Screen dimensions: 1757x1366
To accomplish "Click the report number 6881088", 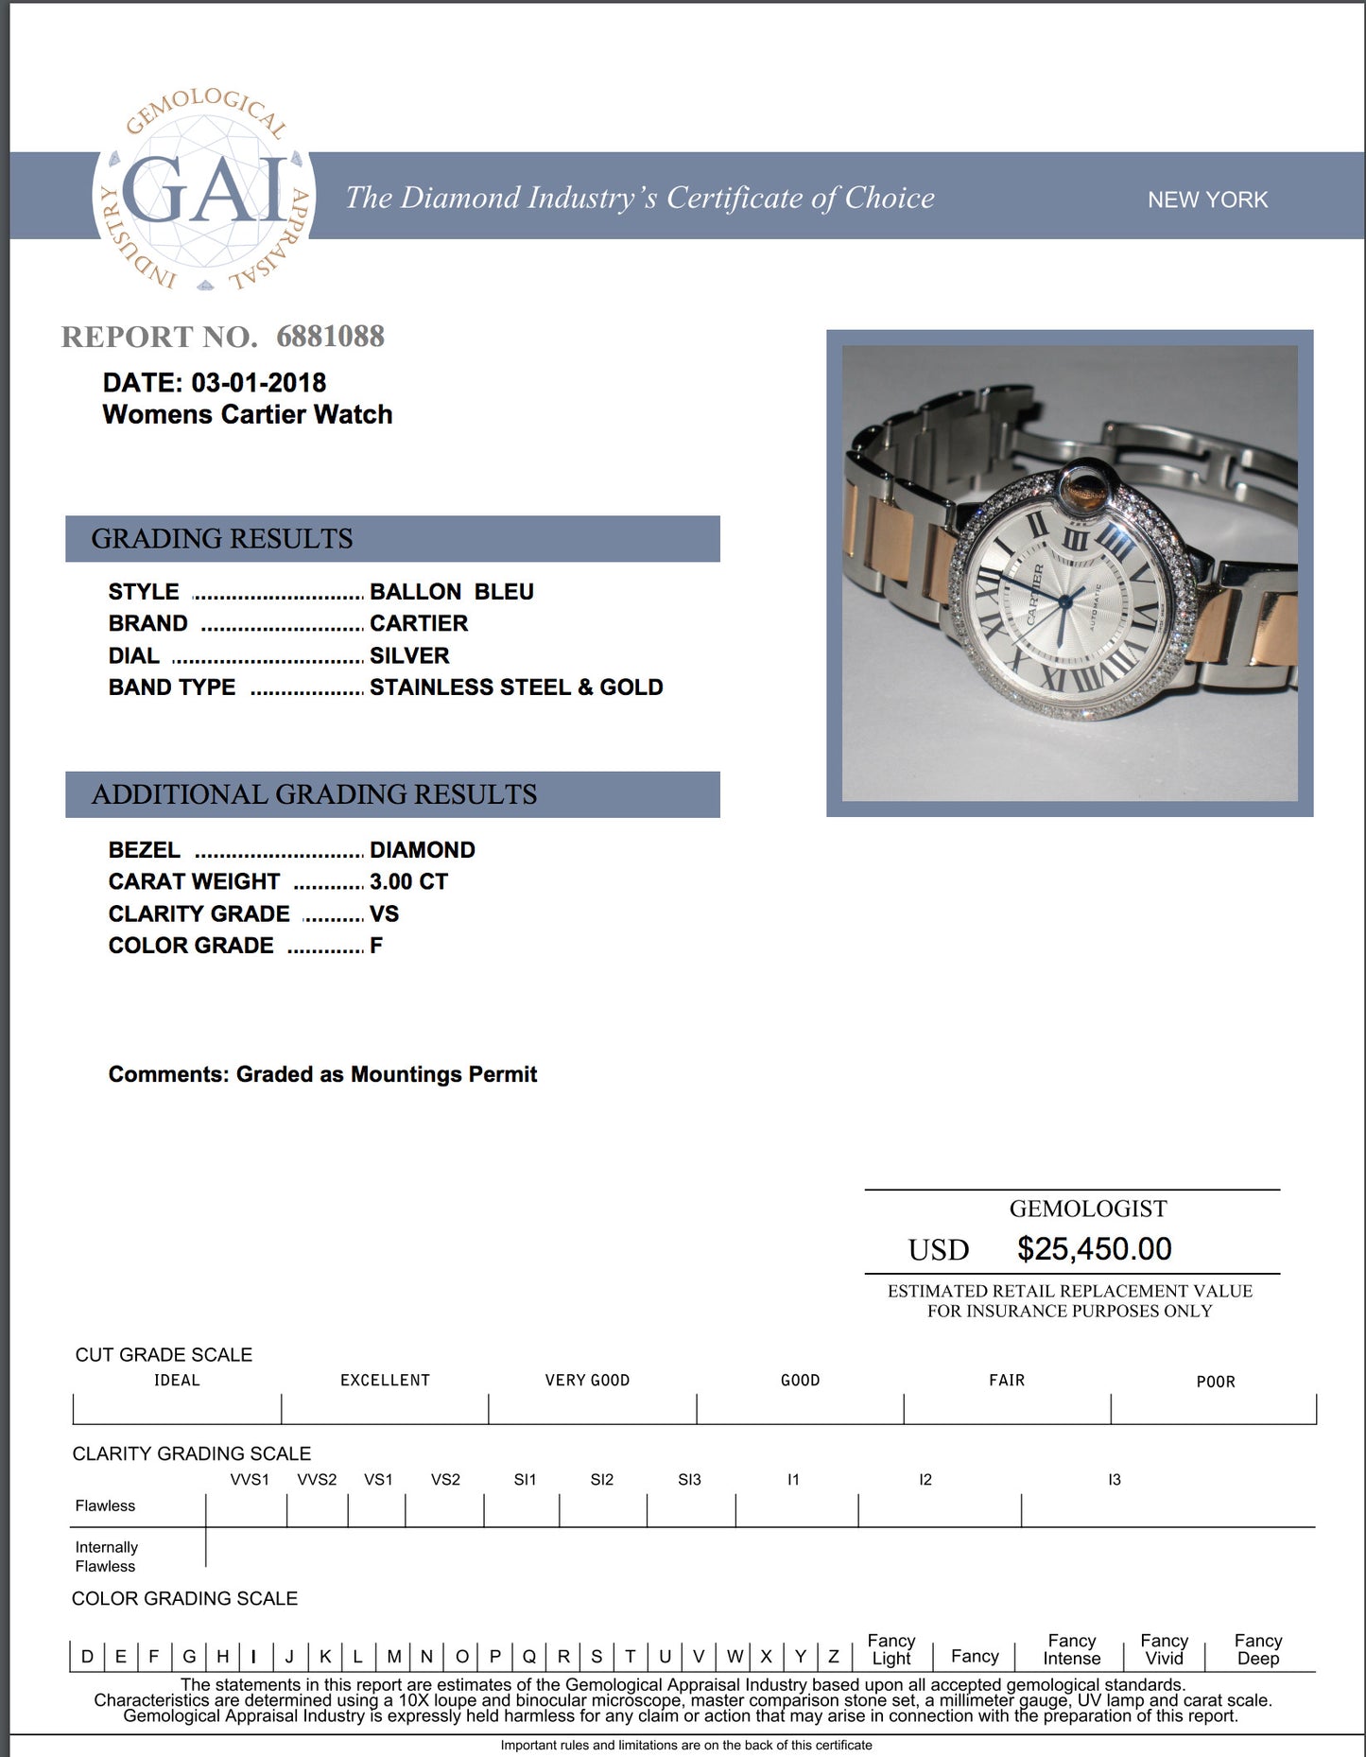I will [330, 337].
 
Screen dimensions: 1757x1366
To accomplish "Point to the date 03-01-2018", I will [258, 383].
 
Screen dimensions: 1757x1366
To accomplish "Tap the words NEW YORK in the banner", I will [1207, 200].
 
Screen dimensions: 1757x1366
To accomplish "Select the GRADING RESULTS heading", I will [222, 539].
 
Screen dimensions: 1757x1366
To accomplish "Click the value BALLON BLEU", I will [451, 592].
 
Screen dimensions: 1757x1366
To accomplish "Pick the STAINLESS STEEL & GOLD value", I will [516, 687].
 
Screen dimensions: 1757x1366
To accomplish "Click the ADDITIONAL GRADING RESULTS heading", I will [314, 794].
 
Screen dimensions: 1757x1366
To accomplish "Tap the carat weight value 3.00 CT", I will [408, 882].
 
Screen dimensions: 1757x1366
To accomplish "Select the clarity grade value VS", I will [384, 914].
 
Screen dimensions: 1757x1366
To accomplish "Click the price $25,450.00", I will [1094, 1249].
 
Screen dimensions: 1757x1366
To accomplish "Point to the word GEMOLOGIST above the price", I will [1087, 1209].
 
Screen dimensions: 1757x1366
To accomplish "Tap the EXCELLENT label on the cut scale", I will [385, 1381].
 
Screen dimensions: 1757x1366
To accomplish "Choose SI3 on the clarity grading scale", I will [689, 1480].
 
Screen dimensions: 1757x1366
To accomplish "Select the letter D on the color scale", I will [87, 1656].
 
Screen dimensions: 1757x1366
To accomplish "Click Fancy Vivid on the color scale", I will [1164, 1649].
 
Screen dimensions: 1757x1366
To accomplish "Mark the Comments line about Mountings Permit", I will [322, 1075].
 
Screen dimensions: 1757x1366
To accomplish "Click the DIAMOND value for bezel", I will [422, 850].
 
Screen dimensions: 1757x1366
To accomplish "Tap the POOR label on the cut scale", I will [1215, 1382].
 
